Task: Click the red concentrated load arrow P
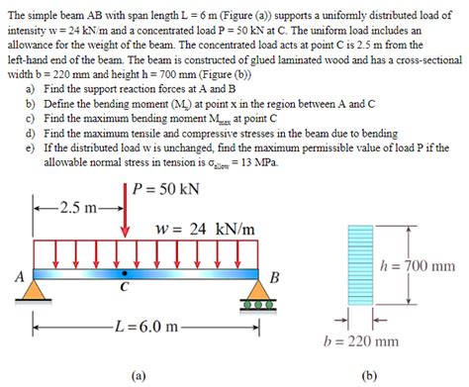[125, 213]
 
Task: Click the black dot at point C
[124, 271]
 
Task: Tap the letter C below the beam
[124, 288]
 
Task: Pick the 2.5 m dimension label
[77, 209]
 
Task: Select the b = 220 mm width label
[360, 342]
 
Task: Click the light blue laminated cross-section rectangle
[360, 267]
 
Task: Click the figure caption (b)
[368, 375]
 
